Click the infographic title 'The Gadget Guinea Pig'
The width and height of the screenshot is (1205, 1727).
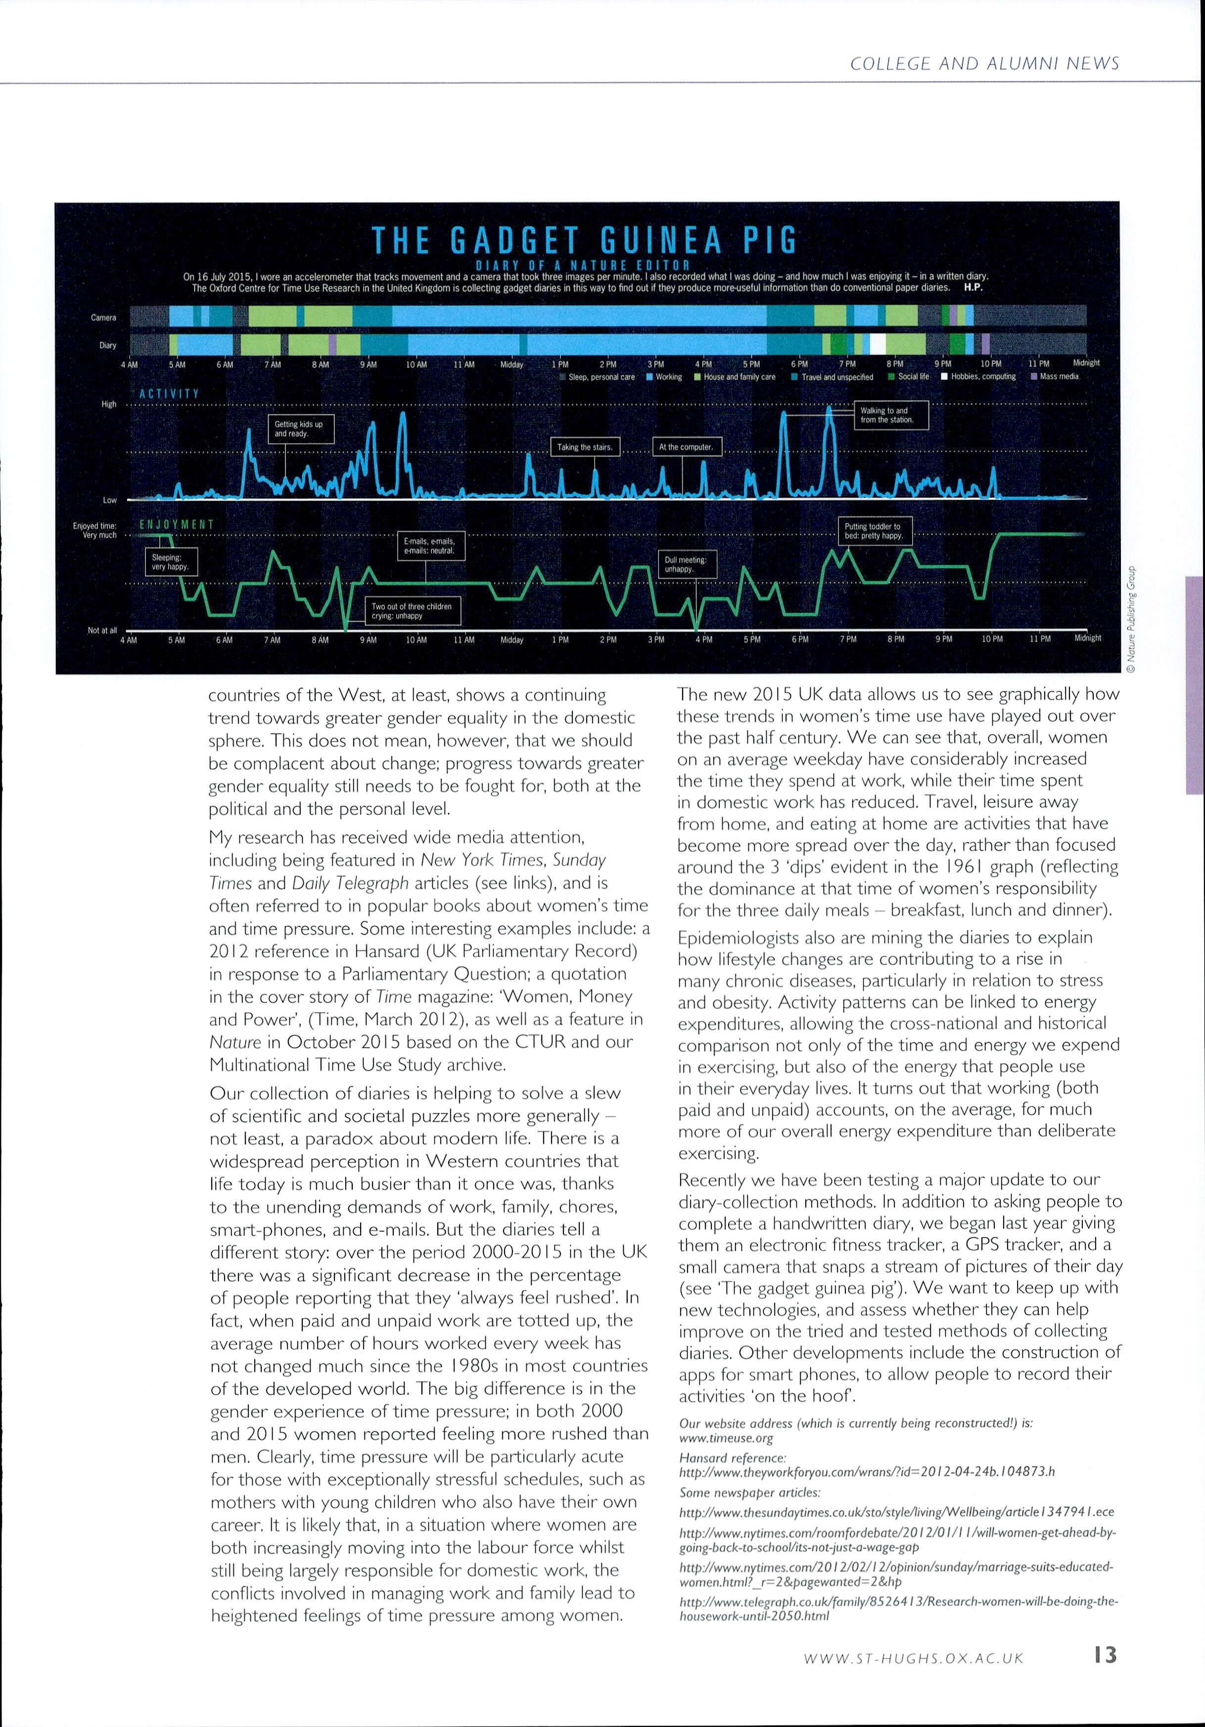pos(585,241)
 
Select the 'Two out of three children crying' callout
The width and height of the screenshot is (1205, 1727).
pos(412,611)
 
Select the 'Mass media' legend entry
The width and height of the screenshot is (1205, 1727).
pos(1055,376)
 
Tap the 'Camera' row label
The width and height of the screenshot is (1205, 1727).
pos(104,318)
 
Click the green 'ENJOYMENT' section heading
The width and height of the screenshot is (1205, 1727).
pos(177,524)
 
